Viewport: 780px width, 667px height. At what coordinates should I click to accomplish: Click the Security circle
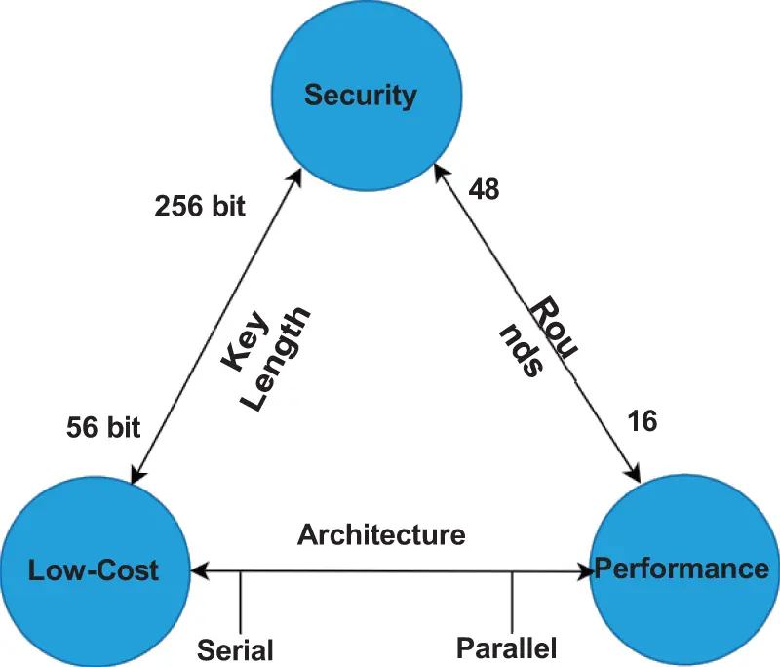360,95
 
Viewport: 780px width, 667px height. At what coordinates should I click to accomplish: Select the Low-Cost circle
95,569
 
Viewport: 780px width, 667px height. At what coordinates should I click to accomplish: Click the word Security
360,95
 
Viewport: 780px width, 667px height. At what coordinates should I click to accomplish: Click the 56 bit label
103,426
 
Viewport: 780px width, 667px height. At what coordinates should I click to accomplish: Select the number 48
484,189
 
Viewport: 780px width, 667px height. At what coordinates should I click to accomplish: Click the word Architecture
381,534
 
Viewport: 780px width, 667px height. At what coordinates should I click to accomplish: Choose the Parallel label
506,647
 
